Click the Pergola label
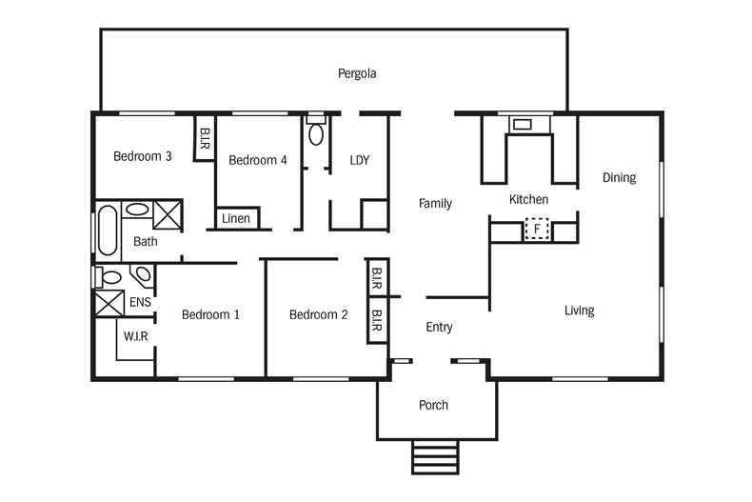(x=357, y=74)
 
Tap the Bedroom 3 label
(x=143, y=156)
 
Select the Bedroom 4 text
(x=258, y=160)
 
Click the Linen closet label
(x=235, y=219)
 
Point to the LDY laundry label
(x=360, y=160)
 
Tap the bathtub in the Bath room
(x=108, y=231)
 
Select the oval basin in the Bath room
(x=137, y=210)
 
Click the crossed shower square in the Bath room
(x=168, y=214)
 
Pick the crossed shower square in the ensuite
(x=109, y=303)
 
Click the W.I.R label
(x=136, y=336)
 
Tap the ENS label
(x=140, y=302)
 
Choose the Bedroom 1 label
(x=210, y=315)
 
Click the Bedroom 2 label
(x=319, y=315)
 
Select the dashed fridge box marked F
(x=537, y=229)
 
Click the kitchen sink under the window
(x=523, y=125)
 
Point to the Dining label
(x=619, y=178)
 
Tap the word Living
(x=580, y=311)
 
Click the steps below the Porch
(x=435, y=457)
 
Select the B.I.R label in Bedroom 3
(x=205, y=138)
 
